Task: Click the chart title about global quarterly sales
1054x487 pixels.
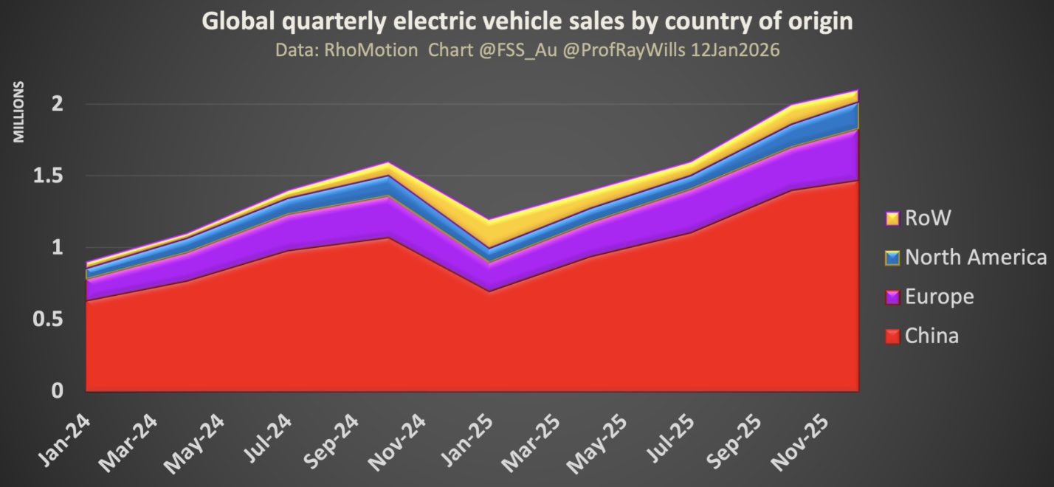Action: pyautogui.click(x=527, y=22)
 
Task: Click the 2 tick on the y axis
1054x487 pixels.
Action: pyautogui.click(x=57, y=104)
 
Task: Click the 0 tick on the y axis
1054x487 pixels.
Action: pyautogui.click(x=57, y=391)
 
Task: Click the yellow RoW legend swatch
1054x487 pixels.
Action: pyautogui.click(x=892, y=218)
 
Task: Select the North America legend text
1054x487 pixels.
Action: pyautogui.click(x=976, y=258)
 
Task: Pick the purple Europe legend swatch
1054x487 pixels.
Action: pyautogui.click(x=892, y=297)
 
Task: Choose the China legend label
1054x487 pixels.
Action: pyautogui.click(x=931, y=336)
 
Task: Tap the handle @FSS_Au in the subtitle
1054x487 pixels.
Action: pyautogui.click(x=501, y=51)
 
